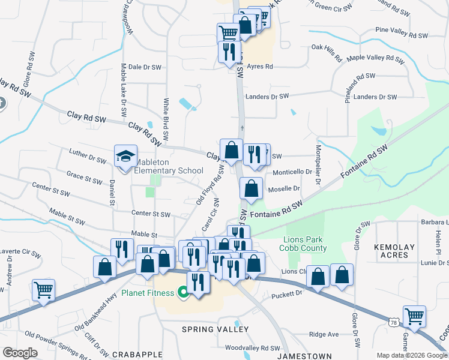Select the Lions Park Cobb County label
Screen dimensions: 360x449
tap(305, 244)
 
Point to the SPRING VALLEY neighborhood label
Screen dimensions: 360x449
tap(215, 329)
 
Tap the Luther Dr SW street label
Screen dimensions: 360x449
tap(87, 157)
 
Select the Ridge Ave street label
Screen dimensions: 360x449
tap(324, 334)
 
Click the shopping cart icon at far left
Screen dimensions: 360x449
tap(44, 290)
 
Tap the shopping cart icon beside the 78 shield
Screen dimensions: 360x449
tap(414, 316)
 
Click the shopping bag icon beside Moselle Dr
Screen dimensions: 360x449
tap(251, 188)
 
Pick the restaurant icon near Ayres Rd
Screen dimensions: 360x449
tap(229, 52)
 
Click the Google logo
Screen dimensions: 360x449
tap(20, 353)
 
